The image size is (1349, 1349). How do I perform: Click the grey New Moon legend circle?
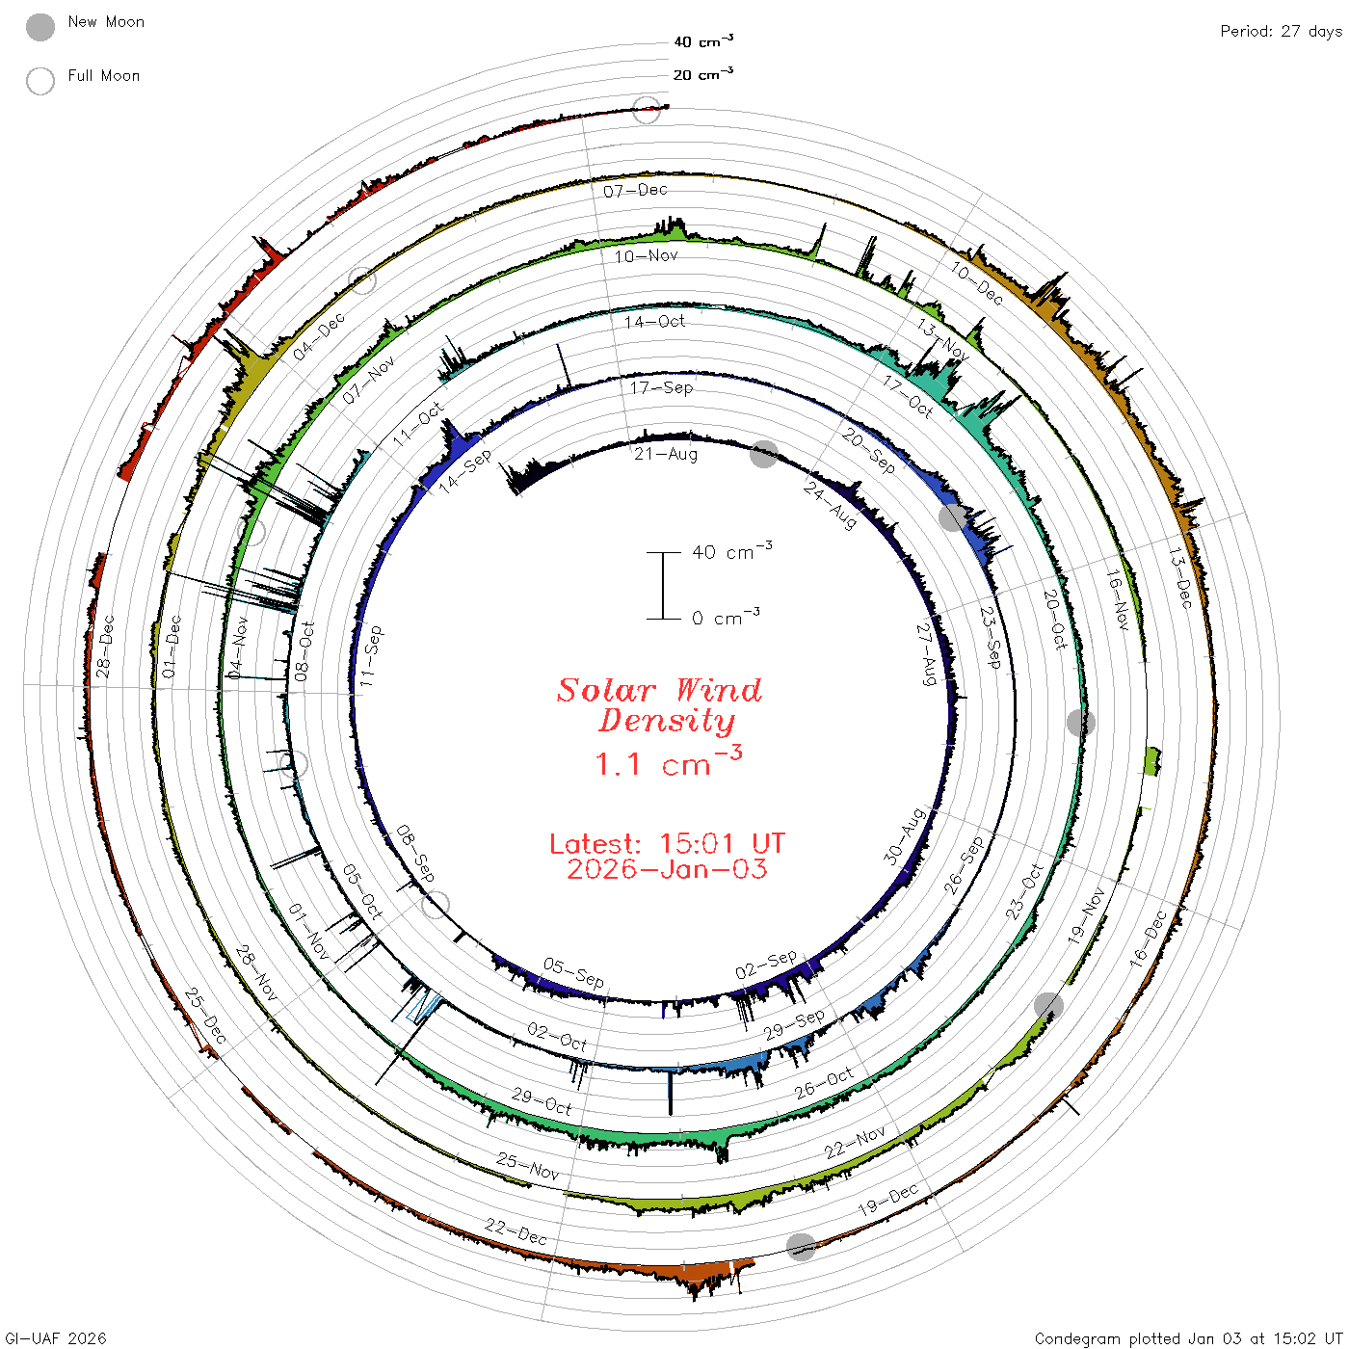[40, 27]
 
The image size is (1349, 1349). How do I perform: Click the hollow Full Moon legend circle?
[40, 81]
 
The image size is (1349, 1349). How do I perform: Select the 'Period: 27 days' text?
[1282, 32]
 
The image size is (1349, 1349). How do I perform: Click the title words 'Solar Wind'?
[659, 690]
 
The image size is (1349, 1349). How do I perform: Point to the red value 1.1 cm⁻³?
[668, 762]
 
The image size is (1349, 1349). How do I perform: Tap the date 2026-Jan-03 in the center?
[667, 869]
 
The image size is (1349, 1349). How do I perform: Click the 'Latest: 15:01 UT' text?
[667, 843]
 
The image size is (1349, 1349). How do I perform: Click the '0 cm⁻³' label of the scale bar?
[726, 617]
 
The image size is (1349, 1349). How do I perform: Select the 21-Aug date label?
[666, 455]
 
